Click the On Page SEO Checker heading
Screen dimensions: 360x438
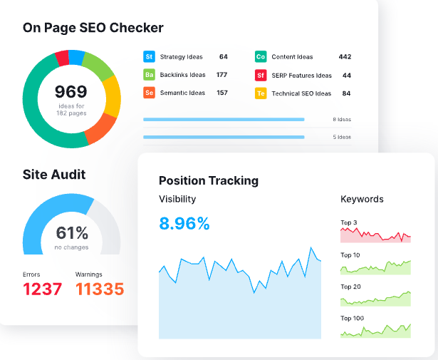pos(93,28)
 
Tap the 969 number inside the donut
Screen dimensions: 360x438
pos(71,92)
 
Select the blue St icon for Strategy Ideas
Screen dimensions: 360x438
pos(150,56)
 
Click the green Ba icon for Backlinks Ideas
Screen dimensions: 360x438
pos(150,75)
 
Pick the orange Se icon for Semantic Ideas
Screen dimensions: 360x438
pos(150,93)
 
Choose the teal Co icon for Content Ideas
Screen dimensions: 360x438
pos(261,56)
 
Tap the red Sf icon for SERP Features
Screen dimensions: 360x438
pos(261,75)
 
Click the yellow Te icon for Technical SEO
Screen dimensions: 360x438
pos(261,93)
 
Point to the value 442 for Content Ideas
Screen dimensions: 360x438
pos(345,56)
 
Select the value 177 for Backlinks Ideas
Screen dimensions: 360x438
pos(221,75)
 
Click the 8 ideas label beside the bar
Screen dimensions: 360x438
pos(341,120)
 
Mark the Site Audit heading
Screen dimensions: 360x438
pos(54,175)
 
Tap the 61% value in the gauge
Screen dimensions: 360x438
pos(72,233)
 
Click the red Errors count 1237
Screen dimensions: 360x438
pos(43,289)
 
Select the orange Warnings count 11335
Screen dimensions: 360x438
pos(100,289)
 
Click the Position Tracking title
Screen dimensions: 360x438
pos(209,180)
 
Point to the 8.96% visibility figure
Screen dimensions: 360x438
pos(184,224)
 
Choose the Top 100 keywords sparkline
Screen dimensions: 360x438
pos(375,330)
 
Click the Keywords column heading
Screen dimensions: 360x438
pos(362,199)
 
